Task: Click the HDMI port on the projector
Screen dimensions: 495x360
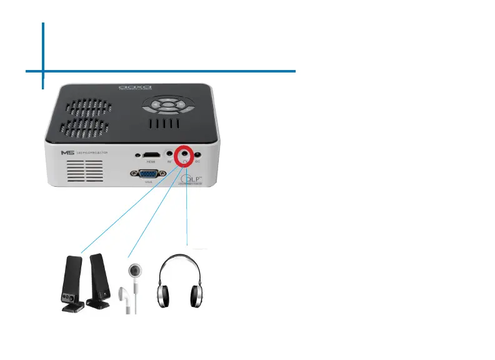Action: (x=151, y=153)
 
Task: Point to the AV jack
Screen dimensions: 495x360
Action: (x=169, y=153)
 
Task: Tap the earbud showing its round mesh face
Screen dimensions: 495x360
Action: (x=134, y=271)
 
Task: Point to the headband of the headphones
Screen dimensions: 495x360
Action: (x=181, y=257)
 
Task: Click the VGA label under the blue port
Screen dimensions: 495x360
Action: (x=149, y=184)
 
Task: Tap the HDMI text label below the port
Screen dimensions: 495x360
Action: (x=151, y=161)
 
